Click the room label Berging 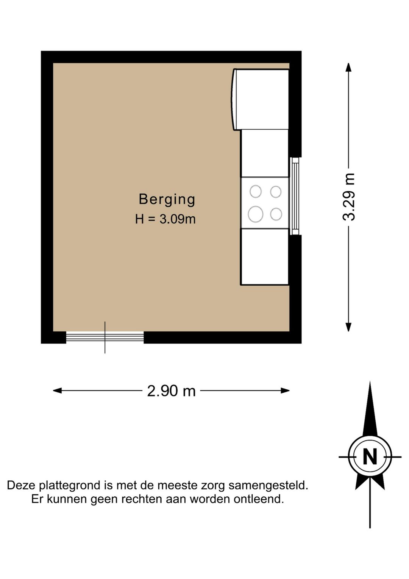click(167, 199)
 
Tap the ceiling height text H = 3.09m click(165, 219)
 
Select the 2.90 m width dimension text click(171, 391)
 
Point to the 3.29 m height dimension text click(349, 197)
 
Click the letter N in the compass click(370, 457)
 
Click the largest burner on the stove click(256, 214)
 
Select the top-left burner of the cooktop click(256, 192)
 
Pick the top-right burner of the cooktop click(276, 192)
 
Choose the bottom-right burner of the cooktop click(276, 214)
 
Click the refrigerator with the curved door click(261, 99)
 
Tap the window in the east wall click(295, 196)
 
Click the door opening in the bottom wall click(105, 337)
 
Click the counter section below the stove click(265, 256)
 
